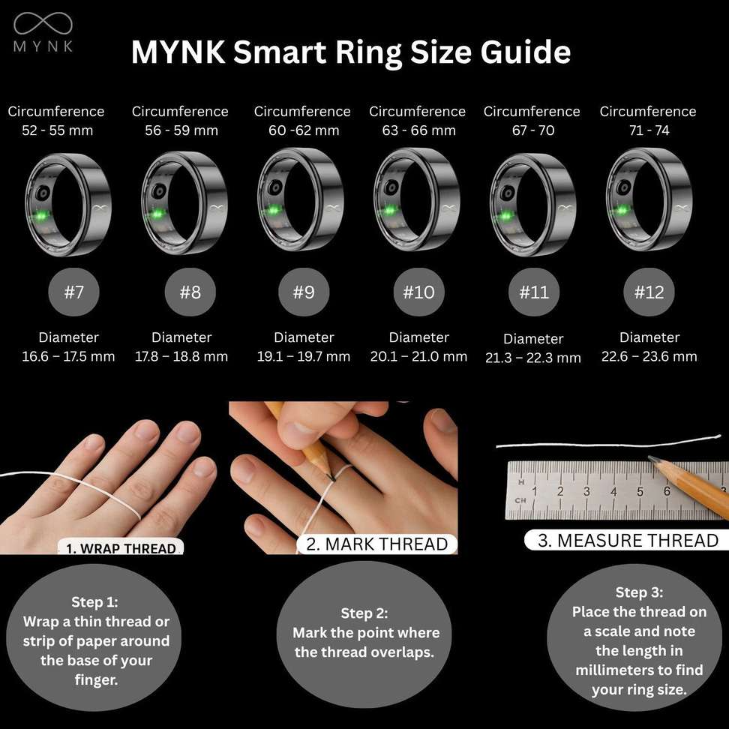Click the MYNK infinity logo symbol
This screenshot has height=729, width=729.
point(43,23)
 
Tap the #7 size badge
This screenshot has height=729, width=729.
point(74,292)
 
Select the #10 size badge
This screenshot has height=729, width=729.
point(419,292)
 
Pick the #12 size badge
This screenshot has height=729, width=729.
point(649,292)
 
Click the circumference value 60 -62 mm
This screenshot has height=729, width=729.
point(304,130)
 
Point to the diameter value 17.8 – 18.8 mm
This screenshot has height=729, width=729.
point(181,356)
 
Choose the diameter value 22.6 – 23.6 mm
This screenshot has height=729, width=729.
point(649,356)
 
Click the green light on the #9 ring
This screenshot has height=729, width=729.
point(274,210)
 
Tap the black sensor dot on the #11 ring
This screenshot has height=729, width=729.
point(508,192)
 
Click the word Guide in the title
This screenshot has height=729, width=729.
point(525,52)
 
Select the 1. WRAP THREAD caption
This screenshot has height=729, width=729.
point(121,548)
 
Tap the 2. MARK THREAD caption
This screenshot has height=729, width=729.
point(377,544)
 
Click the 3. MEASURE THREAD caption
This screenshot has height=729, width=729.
point(628,540)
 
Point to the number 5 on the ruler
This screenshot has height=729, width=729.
point(640,491)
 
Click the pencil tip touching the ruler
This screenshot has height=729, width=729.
point(652,459)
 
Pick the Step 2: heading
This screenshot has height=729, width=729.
point(364,613)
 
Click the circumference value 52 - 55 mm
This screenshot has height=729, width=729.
point(57,130)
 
